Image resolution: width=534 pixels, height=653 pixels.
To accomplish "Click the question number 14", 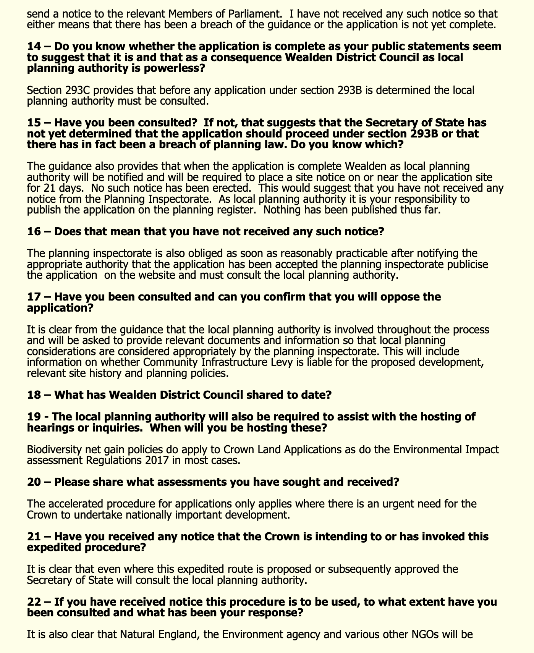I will pyautogui.click(x=34, y=47).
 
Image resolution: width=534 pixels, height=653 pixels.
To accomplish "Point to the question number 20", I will pyautogui.click(x=34, y=482).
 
